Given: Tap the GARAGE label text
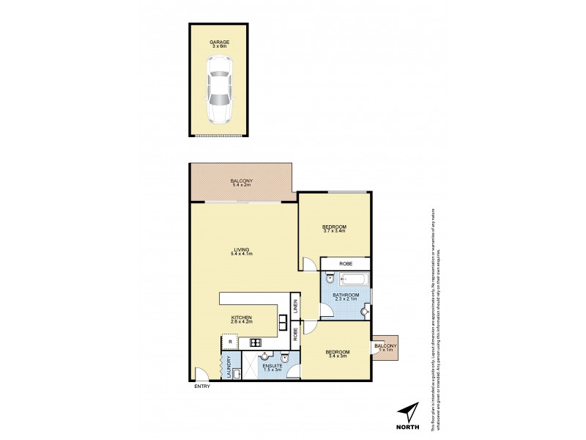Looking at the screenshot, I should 220,43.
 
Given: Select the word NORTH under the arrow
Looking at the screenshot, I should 409,428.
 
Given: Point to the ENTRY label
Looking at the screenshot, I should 203,386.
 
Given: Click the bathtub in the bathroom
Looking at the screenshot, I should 352,279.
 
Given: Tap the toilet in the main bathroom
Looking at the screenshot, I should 329,279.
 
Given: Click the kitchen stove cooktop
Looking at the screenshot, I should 256,342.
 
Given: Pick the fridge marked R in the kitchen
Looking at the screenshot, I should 230,342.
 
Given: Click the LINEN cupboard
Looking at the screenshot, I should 295,307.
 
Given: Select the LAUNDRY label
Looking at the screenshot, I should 229,366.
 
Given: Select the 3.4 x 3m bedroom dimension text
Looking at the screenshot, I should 337,357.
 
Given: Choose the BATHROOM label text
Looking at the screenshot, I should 344,296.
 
